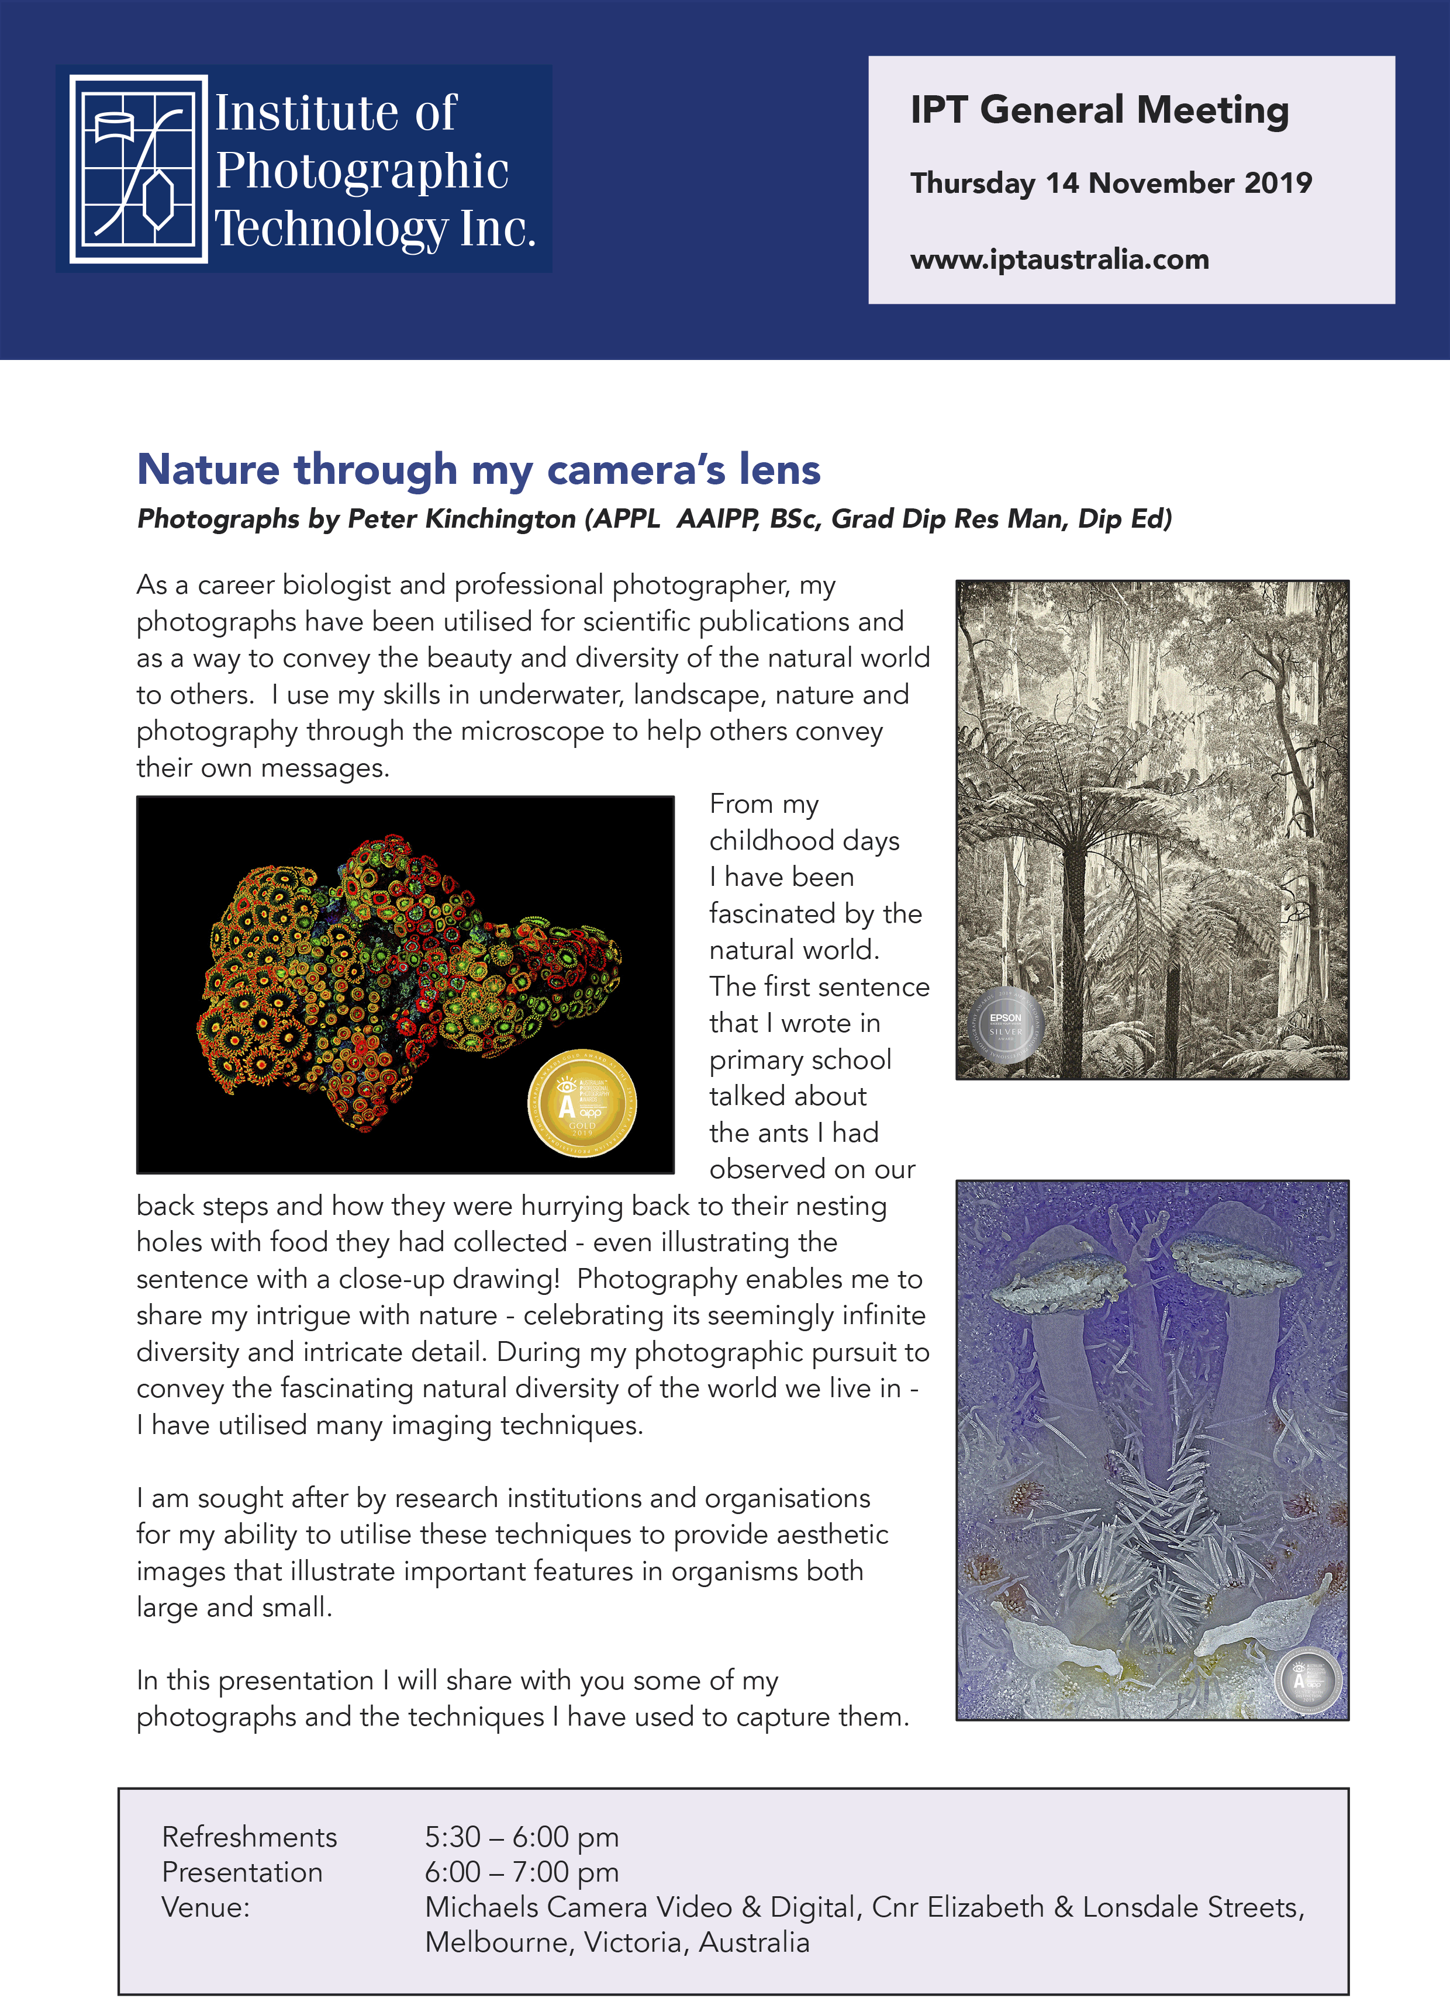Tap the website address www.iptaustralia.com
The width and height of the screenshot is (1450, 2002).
(x=1059, y=259)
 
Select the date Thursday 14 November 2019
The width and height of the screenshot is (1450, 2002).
(x=1110, y=183)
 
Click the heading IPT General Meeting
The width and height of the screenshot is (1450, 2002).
(x=1099, y=110)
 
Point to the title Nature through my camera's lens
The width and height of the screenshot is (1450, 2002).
(x=479, y=469)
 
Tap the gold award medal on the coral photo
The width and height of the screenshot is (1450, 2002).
(x=582, y=1103)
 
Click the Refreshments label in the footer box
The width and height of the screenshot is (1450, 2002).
(x=249, y=1837)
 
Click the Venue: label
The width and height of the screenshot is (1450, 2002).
(x=206, y=1907)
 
